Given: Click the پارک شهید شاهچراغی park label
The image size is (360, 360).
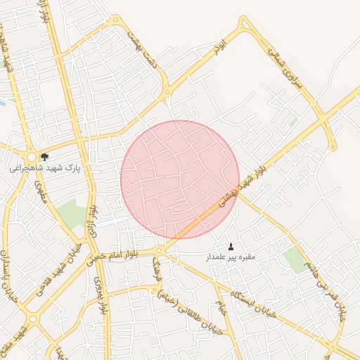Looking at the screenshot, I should tap(46, 169).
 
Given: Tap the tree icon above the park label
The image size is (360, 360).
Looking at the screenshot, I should tap(46, 157).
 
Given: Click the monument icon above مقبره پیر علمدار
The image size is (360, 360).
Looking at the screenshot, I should tap(231, 246).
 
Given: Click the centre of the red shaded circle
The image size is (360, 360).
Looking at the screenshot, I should tap(180, 180).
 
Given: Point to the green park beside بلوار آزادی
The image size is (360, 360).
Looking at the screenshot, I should tap(71, 212).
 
